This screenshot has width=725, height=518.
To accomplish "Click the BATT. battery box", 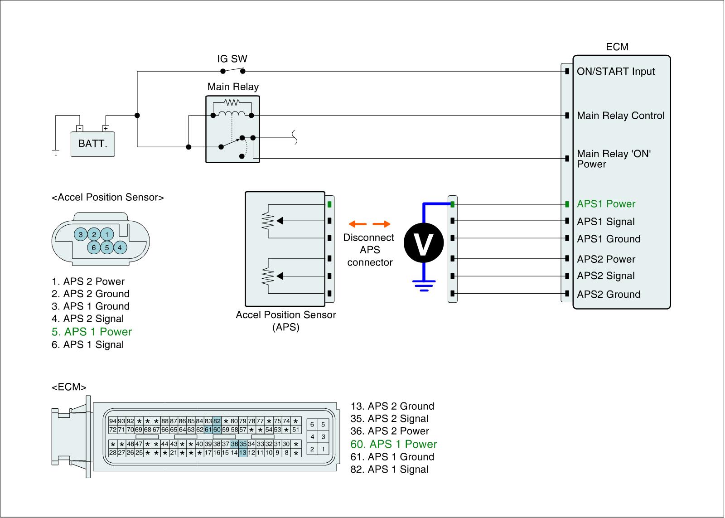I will tap(92, 144).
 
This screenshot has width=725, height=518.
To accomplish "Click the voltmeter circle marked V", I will tap(424, 243).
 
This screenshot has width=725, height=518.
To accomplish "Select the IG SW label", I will tap(232, 59).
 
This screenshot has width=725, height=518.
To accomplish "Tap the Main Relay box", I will tap(232, 129).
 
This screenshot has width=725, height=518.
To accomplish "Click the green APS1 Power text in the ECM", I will tap(606, 204).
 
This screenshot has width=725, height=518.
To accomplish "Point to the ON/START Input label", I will tap(615, 72).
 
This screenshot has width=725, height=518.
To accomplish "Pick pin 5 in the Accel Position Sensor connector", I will tap(107, 247).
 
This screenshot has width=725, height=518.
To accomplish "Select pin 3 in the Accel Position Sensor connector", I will tap(81, 234).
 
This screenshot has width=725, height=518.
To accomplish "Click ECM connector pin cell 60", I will tap(217, 430).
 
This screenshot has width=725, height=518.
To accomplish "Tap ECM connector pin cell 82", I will tap(217, 421).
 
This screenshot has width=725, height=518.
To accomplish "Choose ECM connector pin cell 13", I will tap(243, 453).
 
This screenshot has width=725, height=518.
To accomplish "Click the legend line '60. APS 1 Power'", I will tap(393, 444).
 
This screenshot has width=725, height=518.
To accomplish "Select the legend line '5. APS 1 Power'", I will tap(92, 332).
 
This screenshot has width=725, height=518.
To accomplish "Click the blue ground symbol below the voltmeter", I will tap(424, 285).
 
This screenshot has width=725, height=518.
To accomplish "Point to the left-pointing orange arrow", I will tap(358, 224).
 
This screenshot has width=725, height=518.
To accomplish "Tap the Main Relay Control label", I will tap(620, 116).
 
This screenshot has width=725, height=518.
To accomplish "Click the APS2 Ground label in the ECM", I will tap(609, 295).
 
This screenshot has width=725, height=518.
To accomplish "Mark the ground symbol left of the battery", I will tap(56, 153).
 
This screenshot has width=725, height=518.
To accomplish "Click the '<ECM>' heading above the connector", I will tap(69, 387).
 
